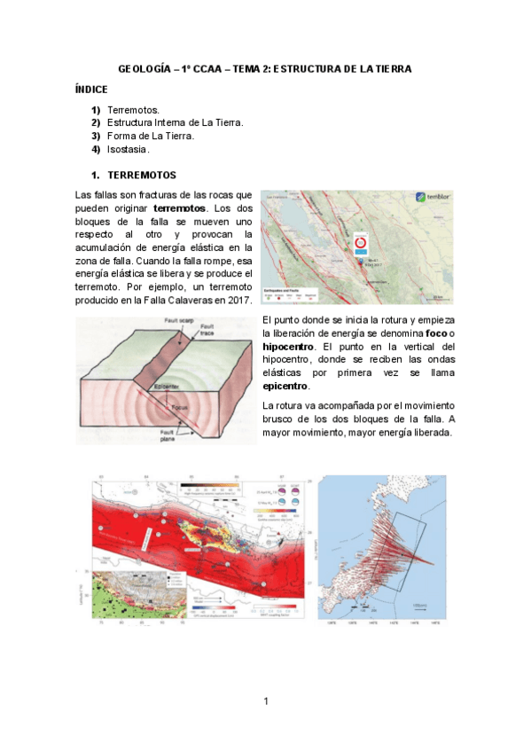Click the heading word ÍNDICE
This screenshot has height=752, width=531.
pos(91,90)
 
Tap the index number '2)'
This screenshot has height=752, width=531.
pos(95,122)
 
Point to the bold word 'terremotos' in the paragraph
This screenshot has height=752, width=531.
pos(178,208)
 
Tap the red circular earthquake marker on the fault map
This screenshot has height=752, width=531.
pos(361,241)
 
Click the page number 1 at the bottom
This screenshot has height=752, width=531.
pos(265,702)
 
